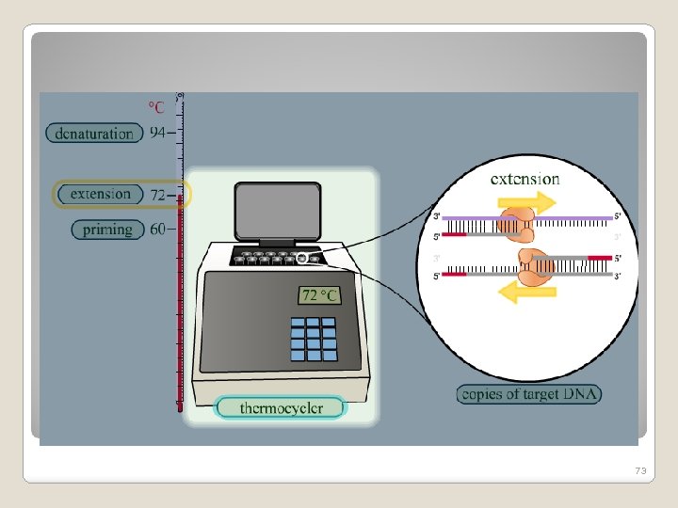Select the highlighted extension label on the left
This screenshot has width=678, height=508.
click(x=101, y=195)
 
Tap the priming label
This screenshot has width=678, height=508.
click(x=107, y=229)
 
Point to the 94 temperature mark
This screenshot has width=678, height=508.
click(x=162, y=133)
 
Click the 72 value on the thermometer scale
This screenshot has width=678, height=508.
click(x=157, y=195)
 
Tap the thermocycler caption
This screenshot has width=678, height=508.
click(x=281, y=407)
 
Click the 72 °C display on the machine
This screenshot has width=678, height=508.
click(x=319, y=295)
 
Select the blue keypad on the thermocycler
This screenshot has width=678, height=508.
click(x=313, y=339)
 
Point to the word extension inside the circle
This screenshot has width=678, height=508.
click(x=525, y=178)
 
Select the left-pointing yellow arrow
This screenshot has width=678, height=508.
click(x=518, y=293)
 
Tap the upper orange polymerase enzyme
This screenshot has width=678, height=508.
click(x=516, y=227)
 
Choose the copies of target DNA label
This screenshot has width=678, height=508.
click(x=529, y=394)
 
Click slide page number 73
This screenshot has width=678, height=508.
click(x=642, y=469)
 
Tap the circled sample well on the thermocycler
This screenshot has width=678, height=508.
click(x=302, y=258)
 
